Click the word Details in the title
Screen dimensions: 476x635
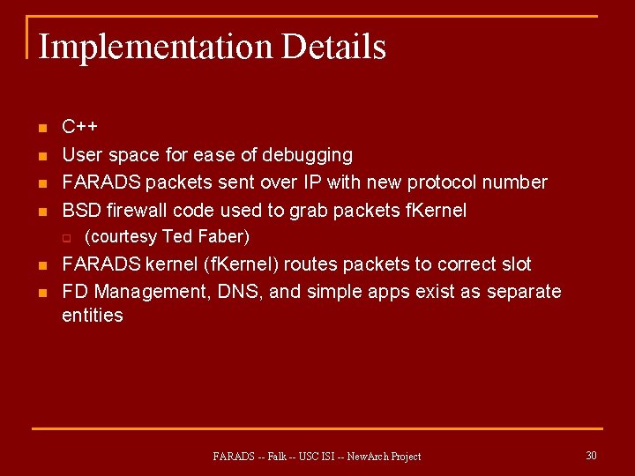pos(333,46)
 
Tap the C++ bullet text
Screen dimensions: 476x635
pos(79,127)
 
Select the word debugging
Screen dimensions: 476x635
pos(308,155)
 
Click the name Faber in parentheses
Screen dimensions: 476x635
pos(224,236)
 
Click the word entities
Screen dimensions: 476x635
pos(93,315)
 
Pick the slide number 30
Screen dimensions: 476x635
pos(591,455)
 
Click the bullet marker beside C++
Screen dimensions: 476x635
pos(41,129)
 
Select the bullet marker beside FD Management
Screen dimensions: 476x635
pos(41,293)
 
